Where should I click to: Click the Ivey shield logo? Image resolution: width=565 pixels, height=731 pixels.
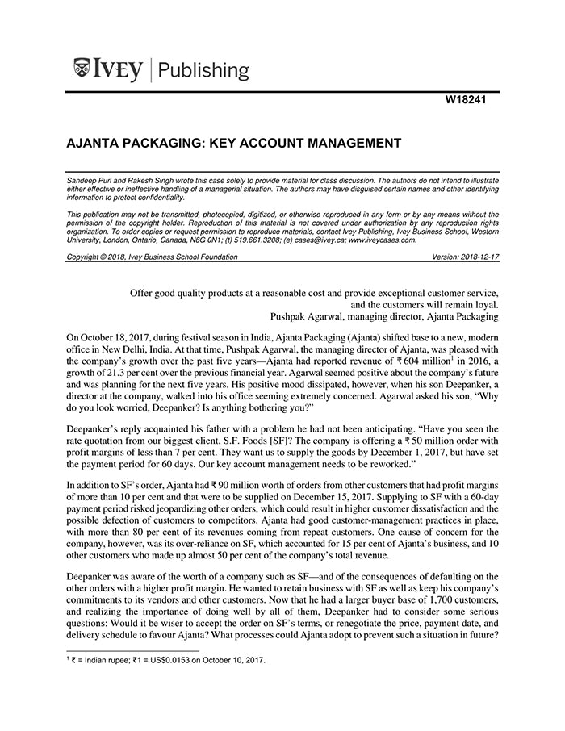pyautogui.click(x=82, y=69)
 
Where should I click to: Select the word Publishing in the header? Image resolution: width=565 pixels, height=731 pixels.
pyautogui.click(x=205, y=70)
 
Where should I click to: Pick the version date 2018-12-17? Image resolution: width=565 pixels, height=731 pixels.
pyautogui.click(x=475, y=257)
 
